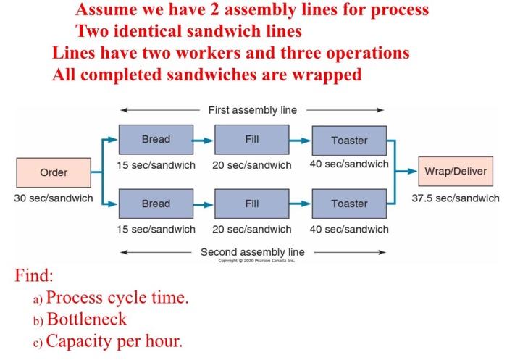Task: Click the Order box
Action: coord(54,172)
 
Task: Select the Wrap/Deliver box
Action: coord(455,172)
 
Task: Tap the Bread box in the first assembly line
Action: coord(156,140)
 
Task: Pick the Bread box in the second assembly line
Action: coord(156,204)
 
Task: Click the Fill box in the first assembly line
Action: coord(251,140)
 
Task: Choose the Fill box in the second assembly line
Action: coord(251,204)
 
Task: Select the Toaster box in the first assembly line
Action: coord(349,141)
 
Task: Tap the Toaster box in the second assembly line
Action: coord(349,204)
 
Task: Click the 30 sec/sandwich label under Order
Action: coord(53,198)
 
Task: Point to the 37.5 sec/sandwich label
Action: coord(456,198)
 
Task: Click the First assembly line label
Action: coord(252,110)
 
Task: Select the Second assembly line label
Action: coord(252,251)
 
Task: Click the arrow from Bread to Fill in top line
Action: coord(204,140)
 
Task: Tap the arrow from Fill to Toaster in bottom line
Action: coord(300,204)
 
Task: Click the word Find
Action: coord(34,277)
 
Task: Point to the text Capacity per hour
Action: coord(114,340)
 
